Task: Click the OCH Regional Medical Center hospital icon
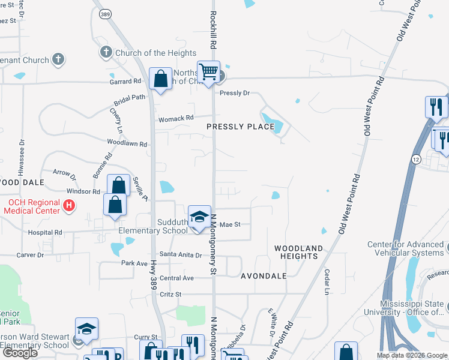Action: [69, 206]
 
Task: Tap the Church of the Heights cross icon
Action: [106, 53]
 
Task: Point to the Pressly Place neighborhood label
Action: [241, 127]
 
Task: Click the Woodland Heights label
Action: [299, 252]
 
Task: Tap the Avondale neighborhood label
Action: [262, 277]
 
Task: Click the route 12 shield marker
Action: [416, 158]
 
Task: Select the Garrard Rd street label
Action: [125, 81]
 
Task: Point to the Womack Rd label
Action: [176, 118]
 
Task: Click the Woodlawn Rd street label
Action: [127, 144]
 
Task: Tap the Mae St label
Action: [230, 224]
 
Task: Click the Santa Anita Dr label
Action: [180, 255]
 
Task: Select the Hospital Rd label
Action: [45, 232]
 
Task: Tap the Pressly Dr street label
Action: [234, 93]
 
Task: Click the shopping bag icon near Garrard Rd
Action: [161, 79]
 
